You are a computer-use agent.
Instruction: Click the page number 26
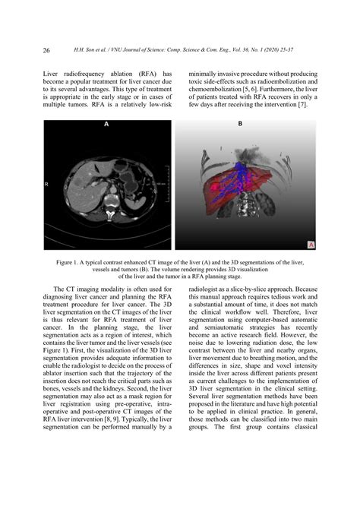tap(47, 51)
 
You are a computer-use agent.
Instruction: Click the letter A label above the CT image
tap(106, 124)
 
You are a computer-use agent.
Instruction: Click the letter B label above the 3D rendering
tap(241, 123)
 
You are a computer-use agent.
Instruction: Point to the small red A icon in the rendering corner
tap(311, 244)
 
